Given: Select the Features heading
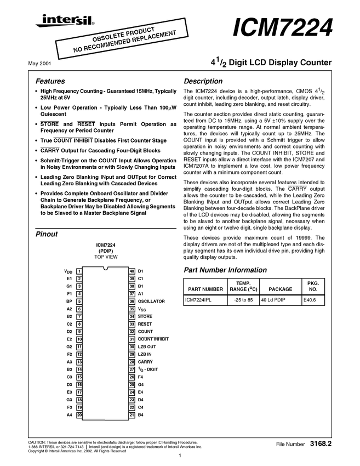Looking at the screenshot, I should [x=50, y=81].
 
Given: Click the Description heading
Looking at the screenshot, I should [x=203, y=81].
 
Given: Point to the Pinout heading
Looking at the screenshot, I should [x=47, y=234].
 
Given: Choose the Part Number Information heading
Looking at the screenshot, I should [x=225, y=270].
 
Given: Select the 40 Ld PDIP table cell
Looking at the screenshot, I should [x=273, y=300].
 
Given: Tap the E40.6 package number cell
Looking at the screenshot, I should [x=310, y=300].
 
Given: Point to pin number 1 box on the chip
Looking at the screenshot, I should [x=79, y=271].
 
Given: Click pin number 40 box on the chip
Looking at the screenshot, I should [x=132, y=271].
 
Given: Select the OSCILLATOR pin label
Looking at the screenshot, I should [x=151, y=301].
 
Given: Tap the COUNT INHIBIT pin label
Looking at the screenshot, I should [x=153, y=339].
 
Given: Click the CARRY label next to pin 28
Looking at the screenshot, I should [x=145, y=362].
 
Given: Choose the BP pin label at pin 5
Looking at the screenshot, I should [x=69, y=301].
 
